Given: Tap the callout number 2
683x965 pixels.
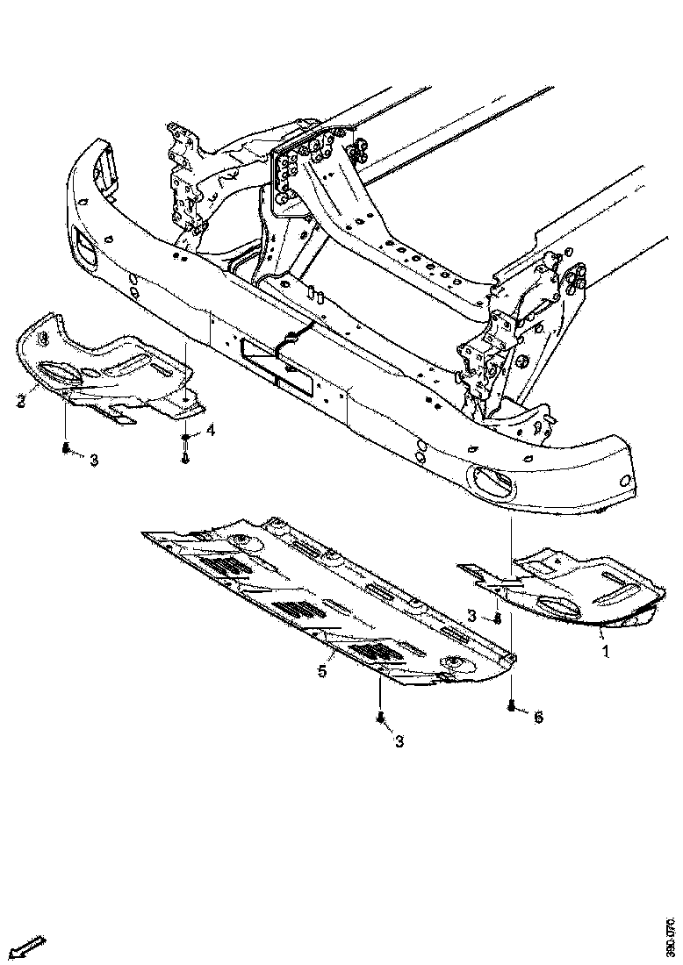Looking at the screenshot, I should click(19, 402).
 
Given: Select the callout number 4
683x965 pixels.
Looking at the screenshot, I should click(210, 430).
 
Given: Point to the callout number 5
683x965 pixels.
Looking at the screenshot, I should click(322, 671).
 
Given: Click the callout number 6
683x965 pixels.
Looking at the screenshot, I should click(538, 717).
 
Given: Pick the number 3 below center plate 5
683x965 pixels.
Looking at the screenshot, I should click(399, 742).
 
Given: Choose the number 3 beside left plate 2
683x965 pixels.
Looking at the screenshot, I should click(94, 460).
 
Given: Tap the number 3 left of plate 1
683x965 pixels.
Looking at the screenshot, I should click(472, 617).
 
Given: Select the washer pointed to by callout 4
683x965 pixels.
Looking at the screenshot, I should click(187, 437).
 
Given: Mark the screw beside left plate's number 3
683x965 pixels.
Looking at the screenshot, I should click(67, 449).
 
